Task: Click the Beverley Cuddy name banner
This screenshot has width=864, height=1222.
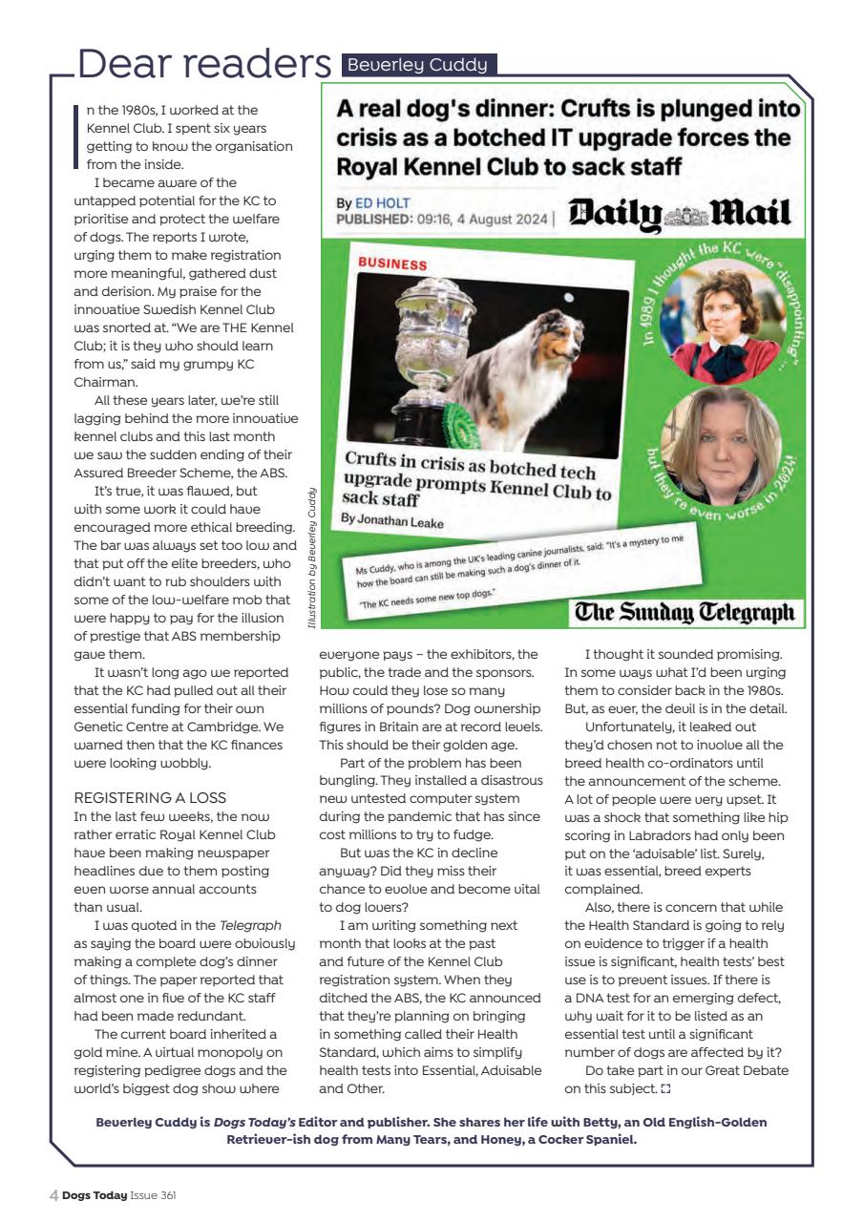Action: (x=418, y=65)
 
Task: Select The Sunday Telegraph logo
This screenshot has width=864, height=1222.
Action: (x=684, y=612)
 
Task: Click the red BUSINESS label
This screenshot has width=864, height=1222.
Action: (x=392, y=262)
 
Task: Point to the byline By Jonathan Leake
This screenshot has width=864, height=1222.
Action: (x=392, y=519)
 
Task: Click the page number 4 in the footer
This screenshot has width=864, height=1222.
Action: (x=53, y=1194)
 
